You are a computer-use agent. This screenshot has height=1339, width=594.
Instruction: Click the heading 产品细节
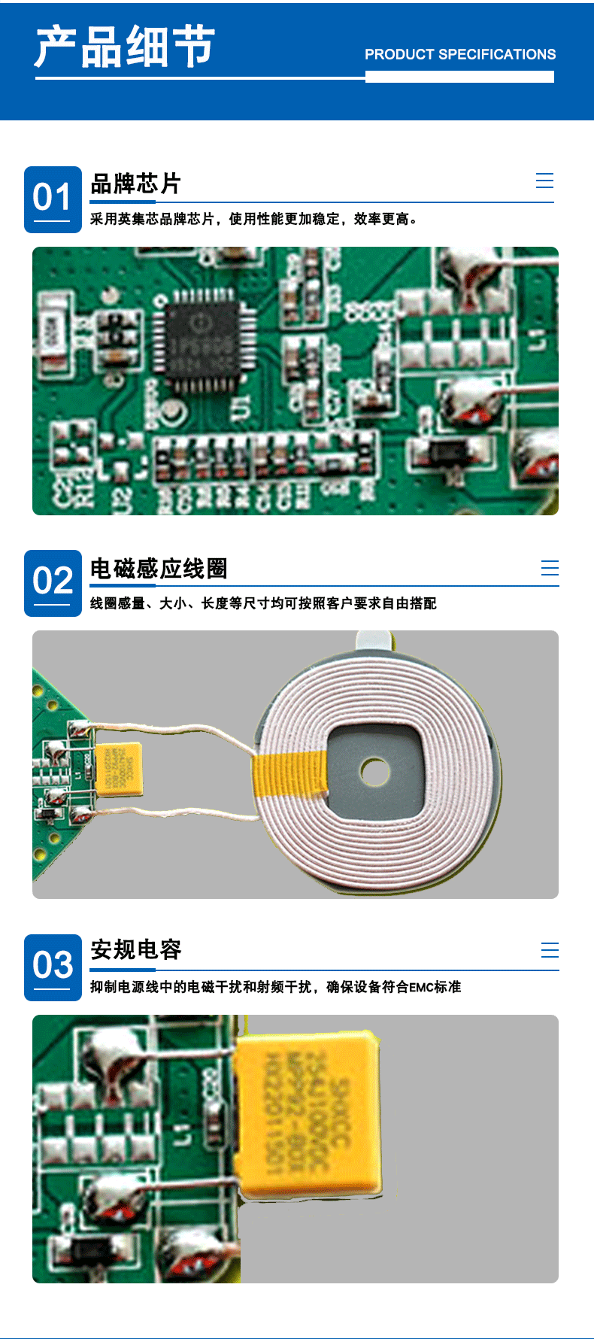pos(125,47)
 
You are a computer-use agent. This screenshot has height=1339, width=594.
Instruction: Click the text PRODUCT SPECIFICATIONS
pos(460,54)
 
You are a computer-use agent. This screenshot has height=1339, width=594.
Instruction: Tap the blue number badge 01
pos(53,199)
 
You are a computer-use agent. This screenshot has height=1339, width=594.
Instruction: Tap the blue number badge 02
pos(53,583)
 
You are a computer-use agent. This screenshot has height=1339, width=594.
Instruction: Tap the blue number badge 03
pos(53,967)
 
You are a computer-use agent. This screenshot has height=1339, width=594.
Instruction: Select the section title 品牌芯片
pos(135,184)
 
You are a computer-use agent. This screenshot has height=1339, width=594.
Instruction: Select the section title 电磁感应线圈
pos(159,569)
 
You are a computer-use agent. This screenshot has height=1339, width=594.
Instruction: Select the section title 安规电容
pos(136,950)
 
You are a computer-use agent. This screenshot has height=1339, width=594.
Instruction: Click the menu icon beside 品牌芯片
pos(544,181)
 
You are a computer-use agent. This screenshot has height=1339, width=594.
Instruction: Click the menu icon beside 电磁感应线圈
pos(550,568)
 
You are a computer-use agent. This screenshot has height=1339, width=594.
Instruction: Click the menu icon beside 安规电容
pos(550,950)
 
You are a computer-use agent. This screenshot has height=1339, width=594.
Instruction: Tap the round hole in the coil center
pos(374,771)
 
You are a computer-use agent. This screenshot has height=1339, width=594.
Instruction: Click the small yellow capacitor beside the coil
pos(119,769)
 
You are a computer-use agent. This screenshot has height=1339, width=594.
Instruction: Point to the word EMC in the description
pos(421,987)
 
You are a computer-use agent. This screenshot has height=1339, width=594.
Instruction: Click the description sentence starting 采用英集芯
pos(254,219)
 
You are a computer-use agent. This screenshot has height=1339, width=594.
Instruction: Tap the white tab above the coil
pos(373,639)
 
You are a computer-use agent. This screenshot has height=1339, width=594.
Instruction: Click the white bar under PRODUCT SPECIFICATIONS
pos(459,77)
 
